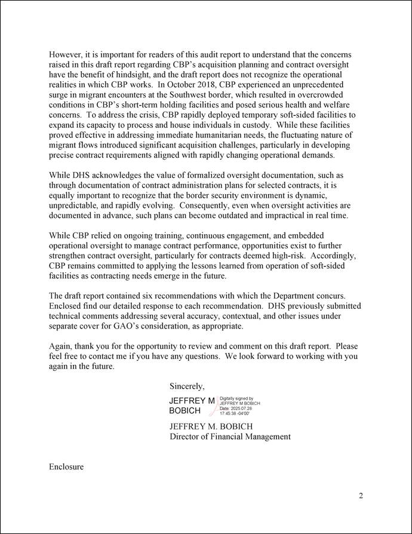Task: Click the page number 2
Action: click(x=361, y=496)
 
